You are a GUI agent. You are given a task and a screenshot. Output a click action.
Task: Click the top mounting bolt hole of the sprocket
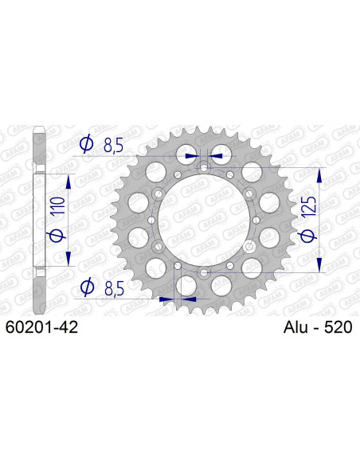205,168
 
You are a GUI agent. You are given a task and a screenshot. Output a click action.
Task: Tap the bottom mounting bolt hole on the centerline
205,272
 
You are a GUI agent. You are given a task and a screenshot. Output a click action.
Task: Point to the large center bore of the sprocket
203,220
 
